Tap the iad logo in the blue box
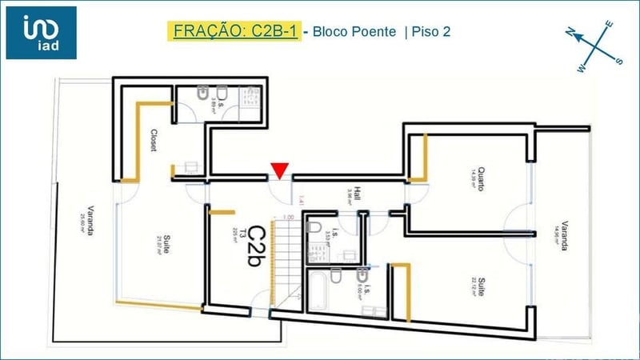point(41,32)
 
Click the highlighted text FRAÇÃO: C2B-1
point(234,32)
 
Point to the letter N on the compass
point(570,33)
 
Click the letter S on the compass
point(618,60)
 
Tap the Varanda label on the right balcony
point(563,236)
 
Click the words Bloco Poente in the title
point(354,33)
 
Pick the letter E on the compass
point(609,25)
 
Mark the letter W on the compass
point(581,68)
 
